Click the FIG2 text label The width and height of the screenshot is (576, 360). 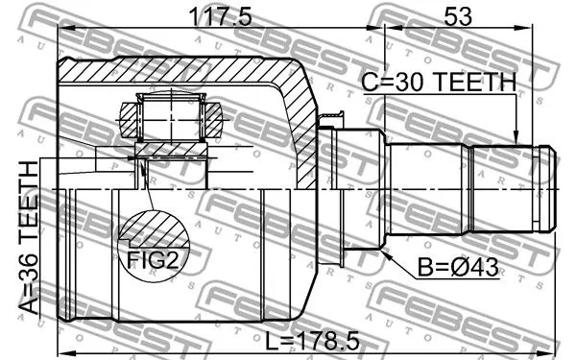tap(151, 256)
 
